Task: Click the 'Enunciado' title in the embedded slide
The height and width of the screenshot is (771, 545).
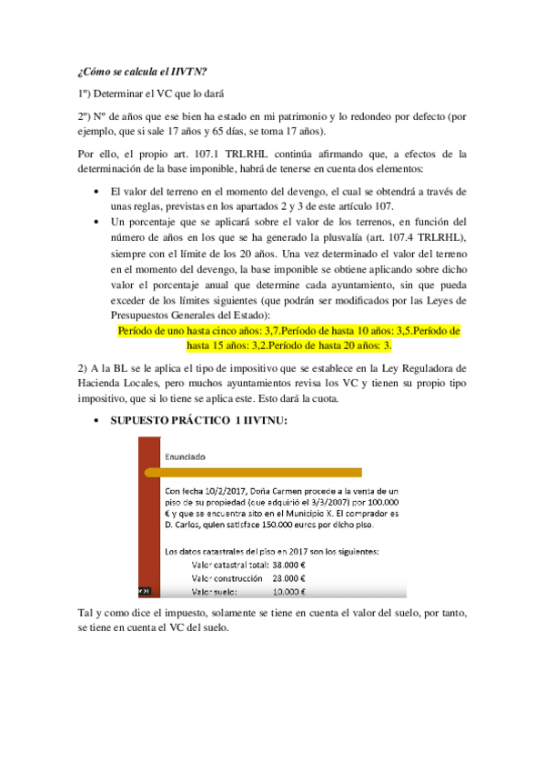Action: [185, 455]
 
